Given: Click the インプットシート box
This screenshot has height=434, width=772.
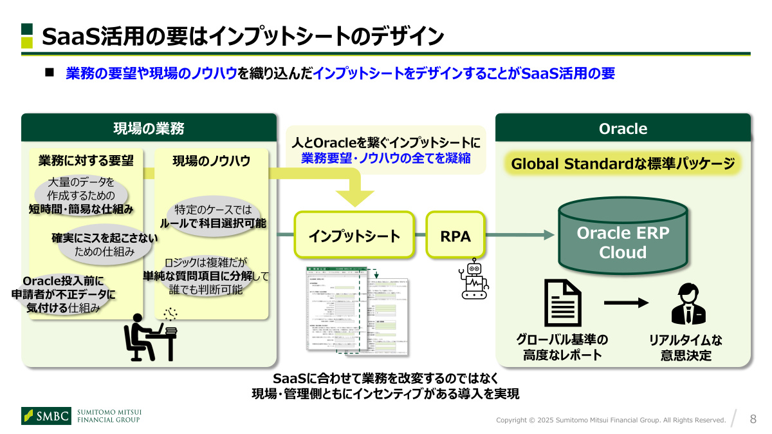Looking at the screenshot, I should [354, 236].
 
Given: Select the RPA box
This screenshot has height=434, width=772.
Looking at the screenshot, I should [455, 236].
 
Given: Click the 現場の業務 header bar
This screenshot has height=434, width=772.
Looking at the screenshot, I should [149, 128].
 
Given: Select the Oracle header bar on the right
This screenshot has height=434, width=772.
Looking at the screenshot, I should [623, 128].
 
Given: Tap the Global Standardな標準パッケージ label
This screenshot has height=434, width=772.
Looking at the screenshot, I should [623, 164].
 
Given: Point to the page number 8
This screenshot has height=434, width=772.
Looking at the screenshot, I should [753, 419].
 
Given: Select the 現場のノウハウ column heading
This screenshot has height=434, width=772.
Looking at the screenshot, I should [211, 160].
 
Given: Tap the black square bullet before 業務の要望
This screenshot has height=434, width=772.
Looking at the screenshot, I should [50, 73].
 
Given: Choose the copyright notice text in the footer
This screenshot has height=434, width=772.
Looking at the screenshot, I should [611, 420].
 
